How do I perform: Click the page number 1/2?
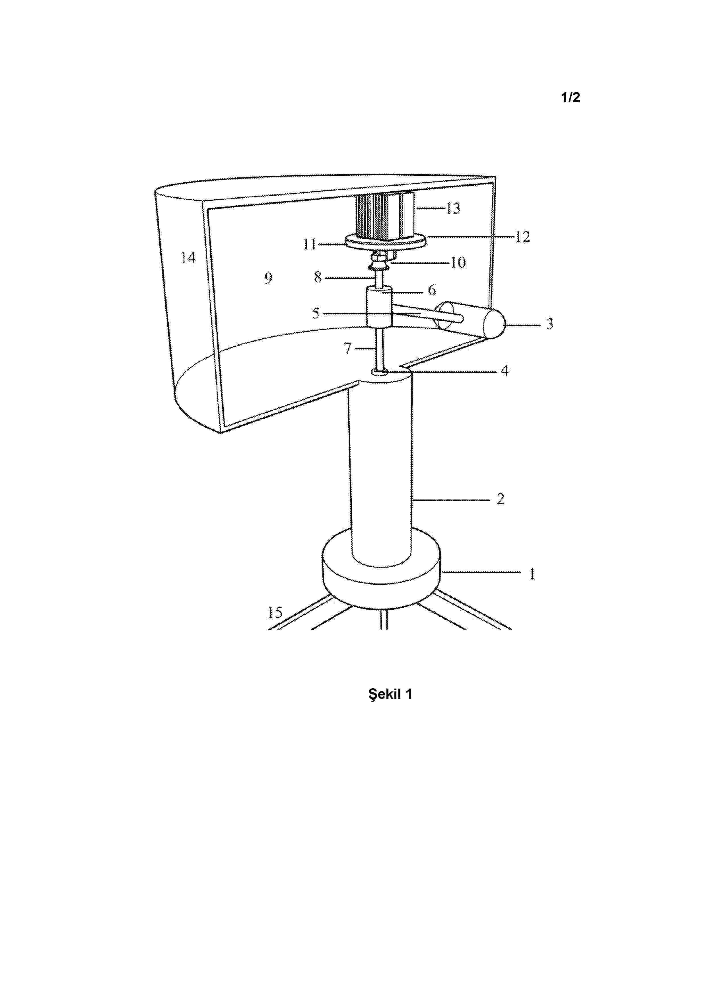click(570, 97)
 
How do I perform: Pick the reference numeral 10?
click(458, 262)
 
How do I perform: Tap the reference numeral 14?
click(188, 258)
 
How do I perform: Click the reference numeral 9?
click(268, 278)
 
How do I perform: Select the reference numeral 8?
click(318, 277)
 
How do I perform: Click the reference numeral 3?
click(549, 324)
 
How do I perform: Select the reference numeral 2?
click(500, 499)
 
